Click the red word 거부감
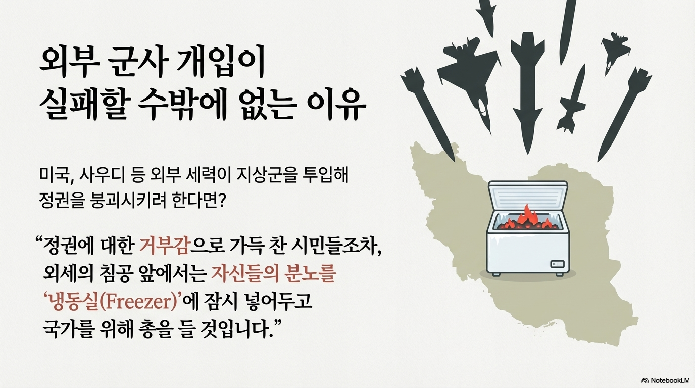click(x=164, y=247)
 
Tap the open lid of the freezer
click(x=528, y=196)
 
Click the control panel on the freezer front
click(x=557, y=264)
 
